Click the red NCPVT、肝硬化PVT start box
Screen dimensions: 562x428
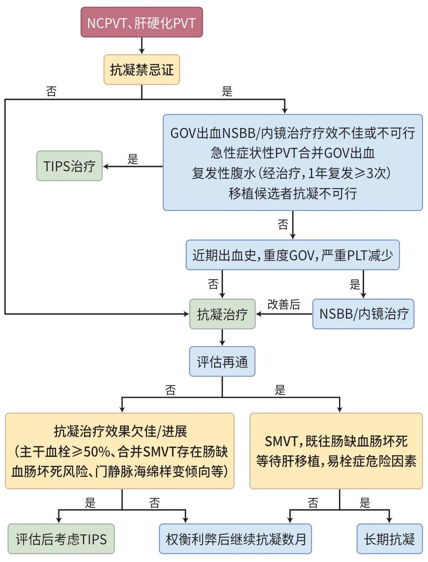141,22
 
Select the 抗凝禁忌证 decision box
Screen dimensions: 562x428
141,70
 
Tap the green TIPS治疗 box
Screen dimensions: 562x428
69,166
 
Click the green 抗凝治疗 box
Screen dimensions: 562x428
222,314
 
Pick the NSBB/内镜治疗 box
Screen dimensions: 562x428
363,314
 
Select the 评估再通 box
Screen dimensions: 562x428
222,361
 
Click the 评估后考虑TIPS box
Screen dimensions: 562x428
61,539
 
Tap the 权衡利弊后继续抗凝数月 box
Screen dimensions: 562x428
235,539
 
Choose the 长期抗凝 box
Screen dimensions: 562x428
389,539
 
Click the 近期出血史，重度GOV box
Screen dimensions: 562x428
292,255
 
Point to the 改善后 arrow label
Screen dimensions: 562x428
283,304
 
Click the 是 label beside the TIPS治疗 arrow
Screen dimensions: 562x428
133,159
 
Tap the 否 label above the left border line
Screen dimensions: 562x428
51,91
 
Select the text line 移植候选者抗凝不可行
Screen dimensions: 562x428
292,193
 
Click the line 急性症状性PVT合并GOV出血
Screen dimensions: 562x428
292,153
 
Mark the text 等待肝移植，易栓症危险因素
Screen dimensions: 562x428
336,461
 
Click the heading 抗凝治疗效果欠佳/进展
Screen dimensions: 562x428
120,431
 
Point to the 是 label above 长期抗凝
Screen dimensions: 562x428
365,503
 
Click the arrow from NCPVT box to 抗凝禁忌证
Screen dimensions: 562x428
142,45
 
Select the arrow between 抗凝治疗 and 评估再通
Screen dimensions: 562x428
222,338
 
